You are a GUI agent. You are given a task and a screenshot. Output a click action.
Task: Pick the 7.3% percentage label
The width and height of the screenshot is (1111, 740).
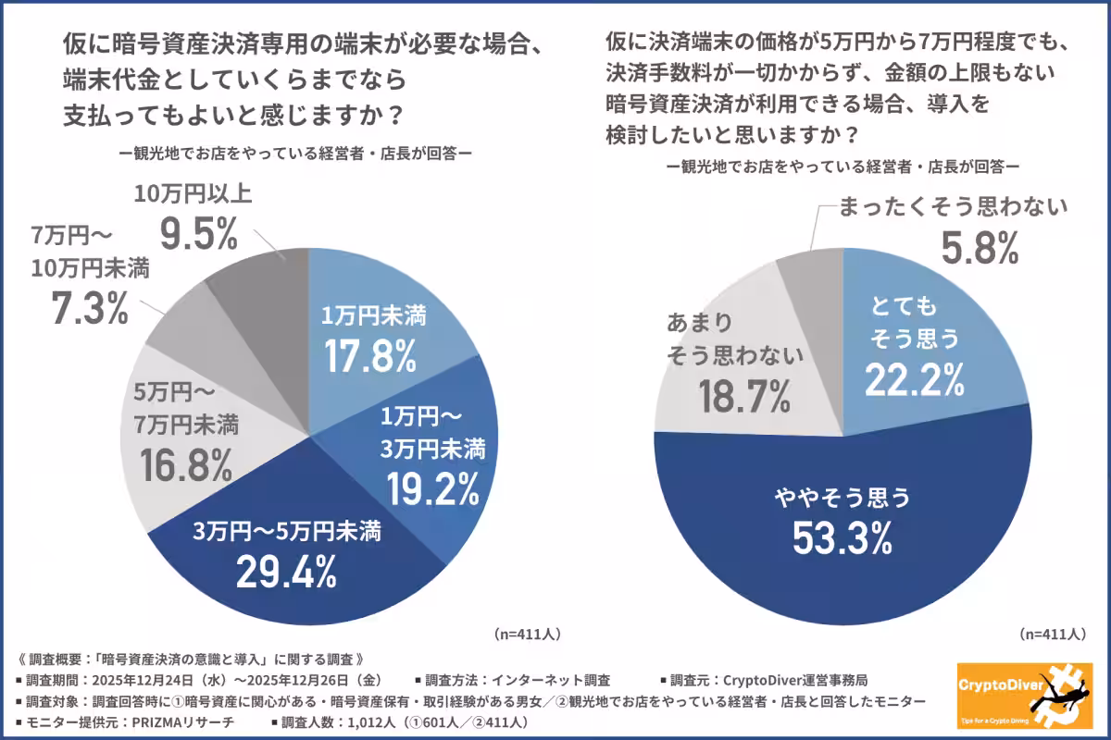[89, 308]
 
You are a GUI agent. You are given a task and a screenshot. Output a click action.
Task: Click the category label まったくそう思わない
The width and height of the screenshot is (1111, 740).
[954, 206]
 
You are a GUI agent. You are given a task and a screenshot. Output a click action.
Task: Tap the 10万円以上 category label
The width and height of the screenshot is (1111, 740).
[193, 194]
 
